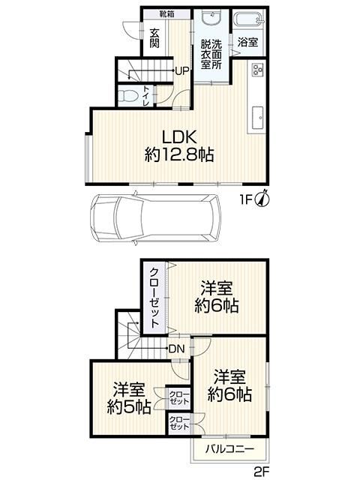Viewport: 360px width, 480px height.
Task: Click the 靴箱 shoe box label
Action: (166, 13)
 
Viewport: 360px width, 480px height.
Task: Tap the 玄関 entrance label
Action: (154, 38)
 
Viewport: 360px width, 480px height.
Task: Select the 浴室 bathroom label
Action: (248, 43)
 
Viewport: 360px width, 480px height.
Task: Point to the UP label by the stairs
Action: (181, 71)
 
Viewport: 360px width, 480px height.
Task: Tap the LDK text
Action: (179, 137)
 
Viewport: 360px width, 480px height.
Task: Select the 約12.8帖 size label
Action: (179, 155)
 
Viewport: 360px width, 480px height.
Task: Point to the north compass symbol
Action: (265, 199)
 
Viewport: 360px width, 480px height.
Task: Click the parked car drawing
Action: (154, 217)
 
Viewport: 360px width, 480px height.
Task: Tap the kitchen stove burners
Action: (256, 70)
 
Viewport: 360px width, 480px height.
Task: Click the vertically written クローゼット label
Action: (154, 298)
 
